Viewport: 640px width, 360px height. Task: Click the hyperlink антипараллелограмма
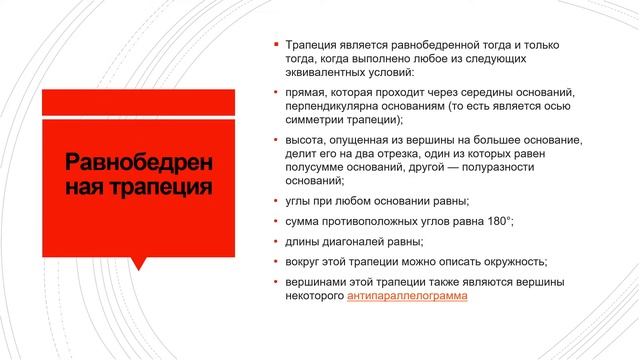[x=407, y=296]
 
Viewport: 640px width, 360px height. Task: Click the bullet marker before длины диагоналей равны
[x=277, y=241]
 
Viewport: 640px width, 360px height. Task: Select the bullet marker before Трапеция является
[x=277, y=46]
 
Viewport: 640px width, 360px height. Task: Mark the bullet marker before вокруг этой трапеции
[x=277, y=262]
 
